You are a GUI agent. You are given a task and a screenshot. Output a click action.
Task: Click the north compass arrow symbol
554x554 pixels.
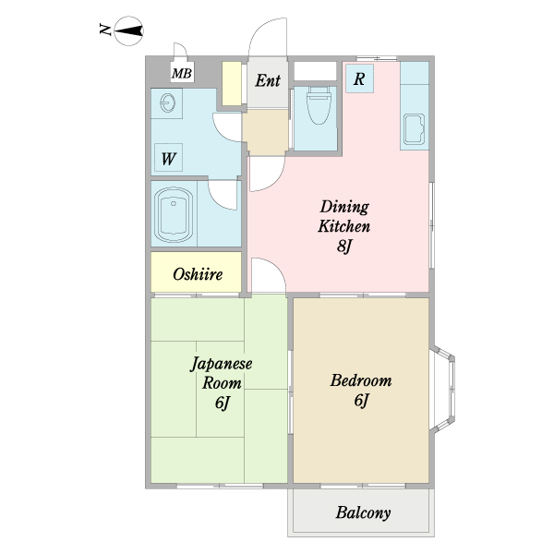coord(129,31)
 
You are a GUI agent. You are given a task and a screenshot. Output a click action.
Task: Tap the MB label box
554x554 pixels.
coord(181,73)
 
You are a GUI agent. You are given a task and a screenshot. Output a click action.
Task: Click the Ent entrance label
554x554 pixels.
coord(268,80)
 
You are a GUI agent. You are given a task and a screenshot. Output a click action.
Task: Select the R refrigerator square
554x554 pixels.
coord(359,79)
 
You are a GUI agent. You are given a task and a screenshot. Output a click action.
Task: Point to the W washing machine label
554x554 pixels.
coord(169,158)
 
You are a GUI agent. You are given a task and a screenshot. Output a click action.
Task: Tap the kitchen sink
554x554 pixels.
coord(415,130)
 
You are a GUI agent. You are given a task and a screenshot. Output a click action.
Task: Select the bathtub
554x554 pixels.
coord(175,214)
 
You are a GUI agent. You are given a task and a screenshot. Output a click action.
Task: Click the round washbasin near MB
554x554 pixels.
coord(169,102)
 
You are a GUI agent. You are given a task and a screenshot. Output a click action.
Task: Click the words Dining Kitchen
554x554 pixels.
coord(344,216)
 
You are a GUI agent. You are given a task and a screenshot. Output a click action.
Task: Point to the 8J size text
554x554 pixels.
coord(344,246)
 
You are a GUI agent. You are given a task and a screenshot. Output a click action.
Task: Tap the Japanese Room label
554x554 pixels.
coord(222,373)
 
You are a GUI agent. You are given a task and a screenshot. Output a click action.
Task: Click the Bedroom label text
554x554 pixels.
coord(361,380)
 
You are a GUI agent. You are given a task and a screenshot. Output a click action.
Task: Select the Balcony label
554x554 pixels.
coord(363,513)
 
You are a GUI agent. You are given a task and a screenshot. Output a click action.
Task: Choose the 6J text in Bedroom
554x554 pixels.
coord(361,401)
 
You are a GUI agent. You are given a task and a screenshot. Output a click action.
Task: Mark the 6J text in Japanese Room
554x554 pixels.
coord(222,403)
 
